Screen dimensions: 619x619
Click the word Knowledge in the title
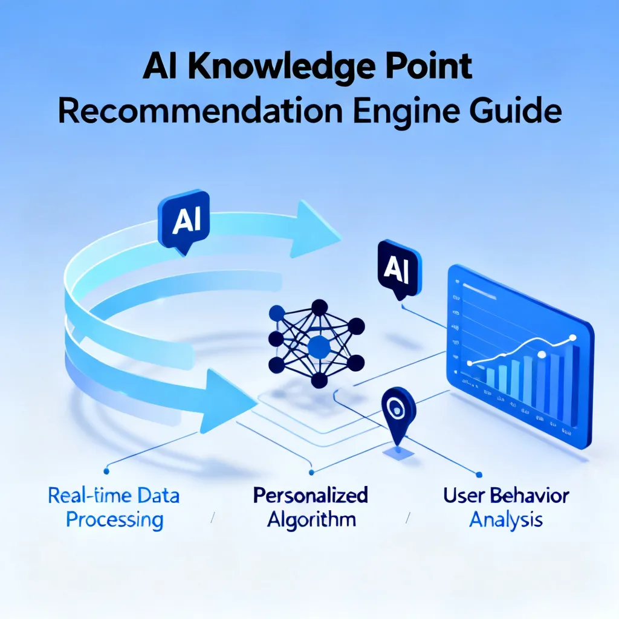point(280,68)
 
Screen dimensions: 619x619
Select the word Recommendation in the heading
point(201,111)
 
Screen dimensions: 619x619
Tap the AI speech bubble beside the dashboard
point(399,269)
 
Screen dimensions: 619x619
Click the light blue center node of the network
point(319,346)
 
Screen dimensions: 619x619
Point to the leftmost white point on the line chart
point(470,363)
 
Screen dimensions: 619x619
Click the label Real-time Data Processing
point(114,508)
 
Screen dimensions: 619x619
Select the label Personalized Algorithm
point(311,508)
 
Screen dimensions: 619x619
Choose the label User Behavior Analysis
point(506,508)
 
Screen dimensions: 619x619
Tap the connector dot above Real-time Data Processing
point(106,471)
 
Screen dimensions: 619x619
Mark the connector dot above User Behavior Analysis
point(479,475)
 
